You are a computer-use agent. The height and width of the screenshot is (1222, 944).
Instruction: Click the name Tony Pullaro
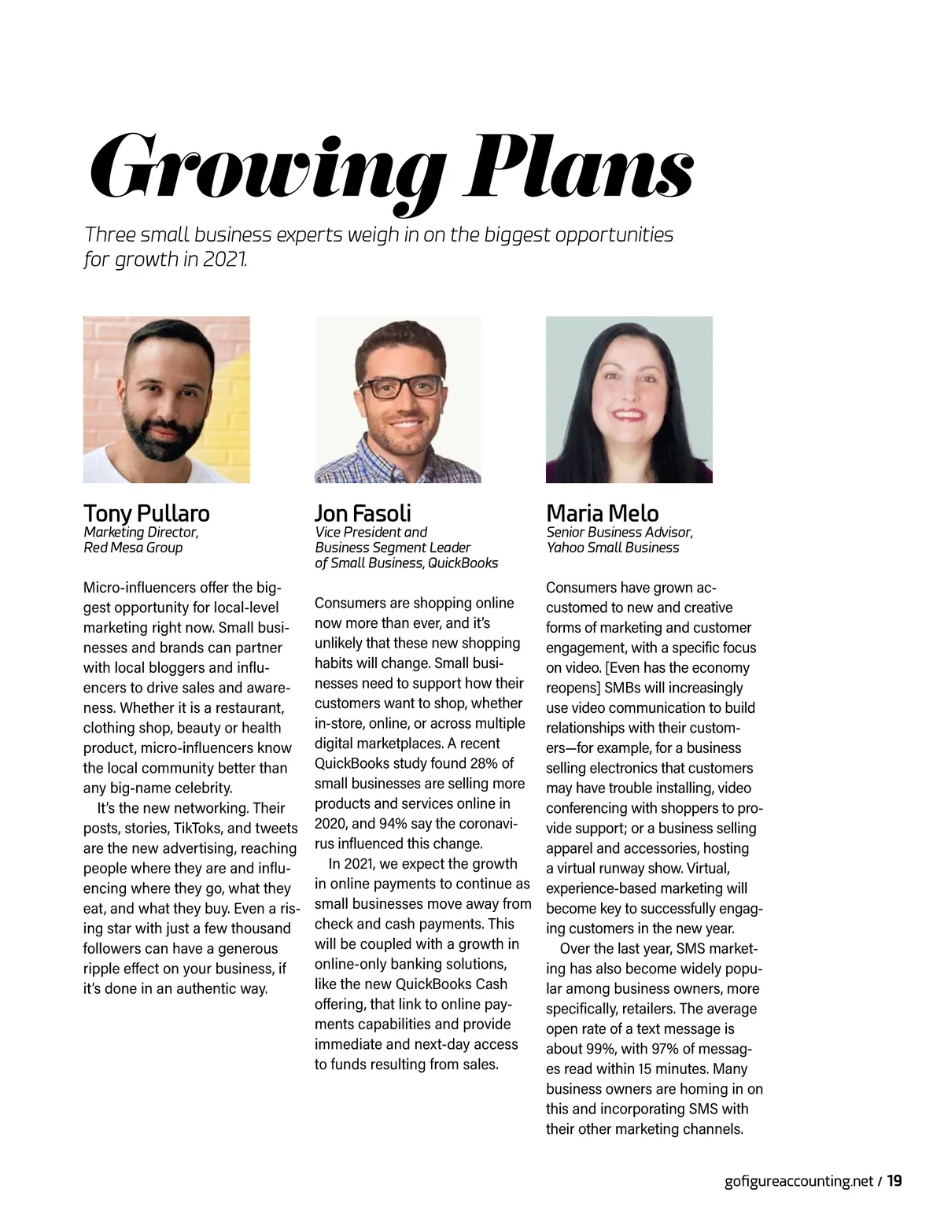click(x=146, y=514)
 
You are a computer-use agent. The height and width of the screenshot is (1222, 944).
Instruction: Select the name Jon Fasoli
click(x=363, y=514)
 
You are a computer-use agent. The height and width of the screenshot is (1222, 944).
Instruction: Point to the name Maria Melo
click(x=603, y=514)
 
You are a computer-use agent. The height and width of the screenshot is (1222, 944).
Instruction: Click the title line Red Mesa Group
click(x=133, y=548)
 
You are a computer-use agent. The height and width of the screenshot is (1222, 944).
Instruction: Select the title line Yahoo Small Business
click(x=613, y=548)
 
